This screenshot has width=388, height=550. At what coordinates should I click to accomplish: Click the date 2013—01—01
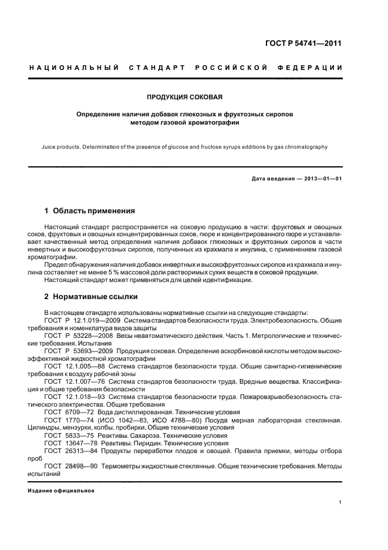pyautogui.click(x=320, y=179)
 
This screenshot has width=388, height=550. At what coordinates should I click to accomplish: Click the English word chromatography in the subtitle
pyautogui.click(x=305, y=147)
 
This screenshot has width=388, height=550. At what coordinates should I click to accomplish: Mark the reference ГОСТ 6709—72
pyautogui.click(x=65, y=412)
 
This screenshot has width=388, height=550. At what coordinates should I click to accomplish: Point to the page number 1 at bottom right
pyautogui.click(x=340, y=502)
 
